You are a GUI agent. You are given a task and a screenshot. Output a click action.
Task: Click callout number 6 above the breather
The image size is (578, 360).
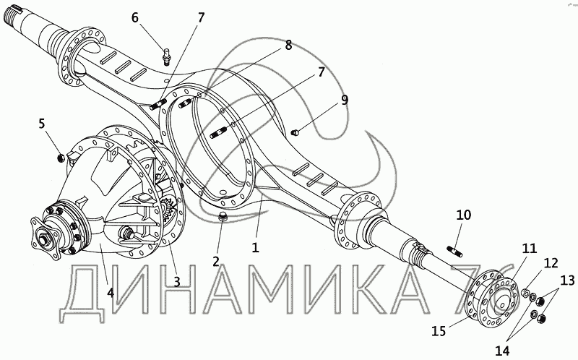point(135,17)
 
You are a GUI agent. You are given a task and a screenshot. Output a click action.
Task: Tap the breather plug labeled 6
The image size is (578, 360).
point(166,57)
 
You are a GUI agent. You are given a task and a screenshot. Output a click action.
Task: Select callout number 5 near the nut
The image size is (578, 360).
point(42,124)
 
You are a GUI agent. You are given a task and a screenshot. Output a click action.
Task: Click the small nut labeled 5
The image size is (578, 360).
point(61,158)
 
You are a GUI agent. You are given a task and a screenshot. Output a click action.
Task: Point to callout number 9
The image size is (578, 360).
point(345,100)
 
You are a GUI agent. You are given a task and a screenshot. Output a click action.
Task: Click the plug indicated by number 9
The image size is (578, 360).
point(295,132)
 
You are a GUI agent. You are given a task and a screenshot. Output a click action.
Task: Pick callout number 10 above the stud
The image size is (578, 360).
point(464,215)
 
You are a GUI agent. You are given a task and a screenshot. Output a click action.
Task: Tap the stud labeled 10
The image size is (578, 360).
point(455,251)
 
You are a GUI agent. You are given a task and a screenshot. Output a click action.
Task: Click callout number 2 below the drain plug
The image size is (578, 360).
point(216,261)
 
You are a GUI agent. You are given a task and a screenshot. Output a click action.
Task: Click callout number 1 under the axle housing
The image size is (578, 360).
point(256,247)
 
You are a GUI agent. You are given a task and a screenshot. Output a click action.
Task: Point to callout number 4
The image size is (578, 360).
point(110,293)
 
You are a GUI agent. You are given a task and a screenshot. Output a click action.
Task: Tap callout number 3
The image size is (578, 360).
point(177,281)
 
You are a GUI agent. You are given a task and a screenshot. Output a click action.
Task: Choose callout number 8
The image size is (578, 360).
point(288,46)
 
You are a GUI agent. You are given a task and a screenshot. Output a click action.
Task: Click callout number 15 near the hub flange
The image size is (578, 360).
point(439,331)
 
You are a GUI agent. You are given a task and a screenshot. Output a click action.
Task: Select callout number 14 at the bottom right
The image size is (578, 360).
point(503,351)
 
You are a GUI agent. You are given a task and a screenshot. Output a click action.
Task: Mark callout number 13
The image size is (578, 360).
point(567,281)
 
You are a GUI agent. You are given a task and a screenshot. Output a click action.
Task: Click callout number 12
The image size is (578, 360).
point(551,263)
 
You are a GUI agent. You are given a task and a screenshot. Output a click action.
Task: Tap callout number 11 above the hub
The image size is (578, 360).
point(530,249)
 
